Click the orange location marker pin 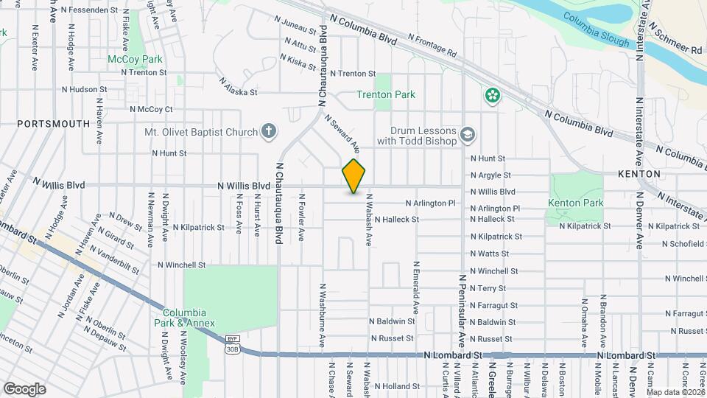click(354, 176)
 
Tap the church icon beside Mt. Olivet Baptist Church click(269, 132)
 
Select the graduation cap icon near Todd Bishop click(467, 135)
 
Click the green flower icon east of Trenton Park click(492, 94)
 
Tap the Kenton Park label click(575, 203)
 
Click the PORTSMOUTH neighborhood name click(52, 124)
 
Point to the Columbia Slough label click(596, 29)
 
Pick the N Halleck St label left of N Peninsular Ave click(396, 220)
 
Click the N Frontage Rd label click(432, 46)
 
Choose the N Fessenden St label click(90, 10)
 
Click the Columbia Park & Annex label click(189, 318)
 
